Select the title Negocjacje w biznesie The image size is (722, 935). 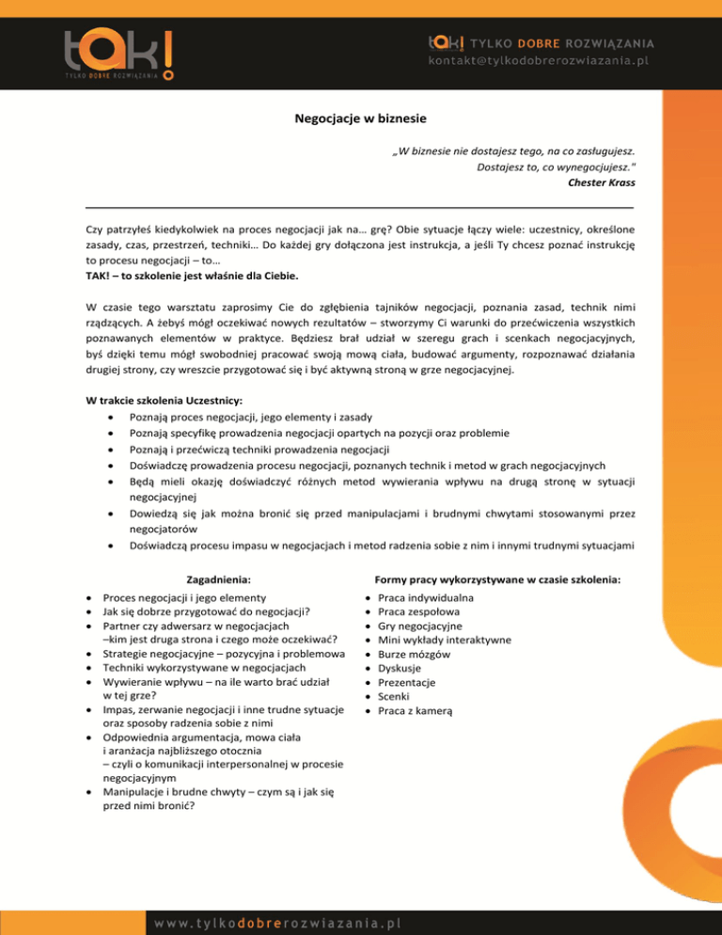tap(360, 119)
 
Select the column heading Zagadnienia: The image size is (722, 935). tap(218, 579)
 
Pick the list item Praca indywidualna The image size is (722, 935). tap(425, 597)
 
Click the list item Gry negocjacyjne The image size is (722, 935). tap(419, 626)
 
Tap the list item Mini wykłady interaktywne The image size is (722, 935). tap(446, 640)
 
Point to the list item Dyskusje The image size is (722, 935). tap(401, 668)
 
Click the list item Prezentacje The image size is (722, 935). tap(408, 682)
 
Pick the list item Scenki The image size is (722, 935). tap(396, 696)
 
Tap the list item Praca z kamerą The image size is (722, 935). tap(416, 710)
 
